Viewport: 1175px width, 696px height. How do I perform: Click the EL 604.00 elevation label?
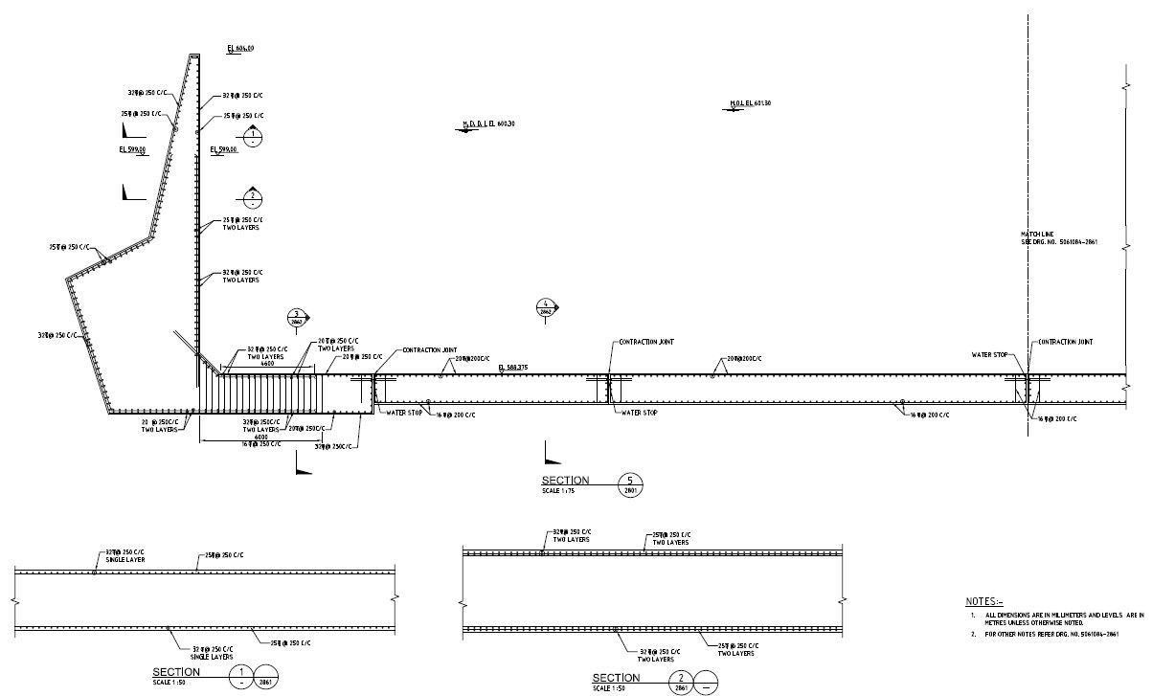pyautogui.click(x=240, y=48)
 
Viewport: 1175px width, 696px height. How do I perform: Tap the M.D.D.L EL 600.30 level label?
pyautogui.click(x=488, y=123)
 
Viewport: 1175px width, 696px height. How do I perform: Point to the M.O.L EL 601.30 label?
pyautogui.click(x=751, y=103)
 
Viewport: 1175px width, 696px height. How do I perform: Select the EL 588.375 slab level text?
pyautogui.click(x=514, y=368)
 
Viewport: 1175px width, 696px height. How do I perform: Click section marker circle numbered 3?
pyautogui.click(x=298, y=318)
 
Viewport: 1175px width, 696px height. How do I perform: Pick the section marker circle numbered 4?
pyautogui.click(x=546, y=308)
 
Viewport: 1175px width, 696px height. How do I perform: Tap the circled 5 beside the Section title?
pyautogui.click(x=630, y=483)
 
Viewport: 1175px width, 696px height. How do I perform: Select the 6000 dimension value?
pyautogui.click(x=261, y=438)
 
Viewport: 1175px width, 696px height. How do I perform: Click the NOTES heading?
pyautogui.click(x=984, y=601)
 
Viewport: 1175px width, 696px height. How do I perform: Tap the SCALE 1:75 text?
pyautogui.click(x=558, y=490)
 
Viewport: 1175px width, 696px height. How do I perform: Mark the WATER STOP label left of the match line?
pyautogui.click(x=989, y=355)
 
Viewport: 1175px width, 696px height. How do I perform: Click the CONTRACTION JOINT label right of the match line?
pyautogui.click(x=1065, y=342)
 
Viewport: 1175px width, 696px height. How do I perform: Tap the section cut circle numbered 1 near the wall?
pyautogui.click(x=252, y=137)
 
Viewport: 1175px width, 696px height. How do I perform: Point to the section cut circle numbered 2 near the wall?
pyautogui.click(x=252, y=199)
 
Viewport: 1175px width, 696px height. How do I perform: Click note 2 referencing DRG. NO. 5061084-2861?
pyautogui.click(x=1051, y=634)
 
